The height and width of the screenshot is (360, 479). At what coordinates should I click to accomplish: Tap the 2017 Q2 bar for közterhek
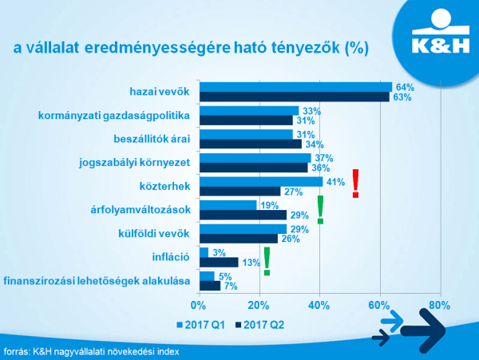click(239, 191)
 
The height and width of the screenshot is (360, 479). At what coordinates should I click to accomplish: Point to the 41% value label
click(335, 182)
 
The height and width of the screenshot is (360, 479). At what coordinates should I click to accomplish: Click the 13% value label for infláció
click(250, 263)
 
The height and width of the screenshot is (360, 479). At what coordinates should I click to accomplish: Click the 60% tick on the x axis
click(380, 305)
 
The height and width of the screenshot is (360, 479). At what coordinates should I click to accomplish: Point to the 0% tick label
click(197, 305)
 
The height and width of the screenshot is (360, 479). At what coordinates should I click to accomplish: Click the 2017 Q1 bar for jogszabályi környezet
click(254, 158)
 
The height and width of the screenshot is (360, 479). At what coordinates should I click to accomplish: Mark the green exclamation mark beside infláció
click(267, 261)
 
